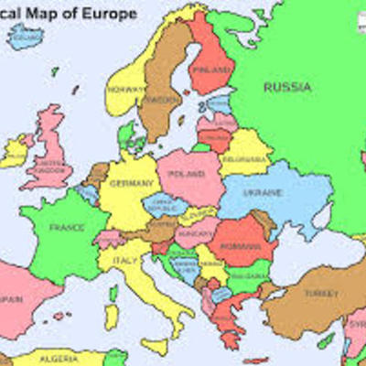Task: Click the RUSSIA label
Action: [287, 87]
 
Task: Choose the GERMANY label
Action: [129, 183]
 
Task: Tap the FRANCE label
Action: [66, 227]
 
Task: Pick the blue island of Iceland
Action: [27, 38]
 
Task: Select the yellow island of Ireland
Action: [16, 152]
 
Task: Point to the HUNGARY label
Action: [196, 233]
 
